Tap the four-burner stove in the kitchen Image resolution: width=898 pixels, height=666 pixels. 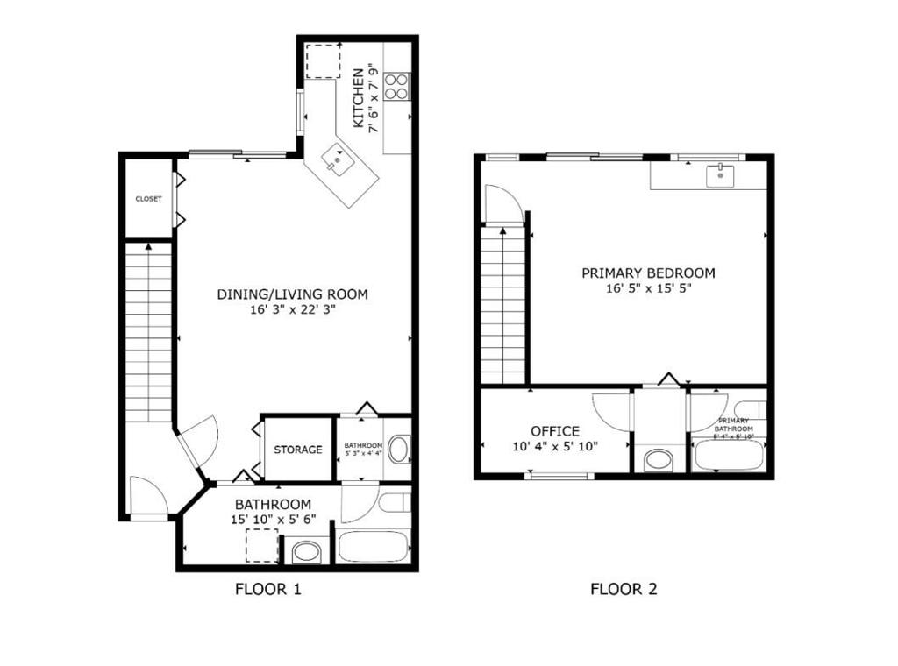click(x=396, y=86)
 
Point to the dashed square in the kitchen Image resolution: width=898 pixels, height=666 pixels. click(x=323, y=60)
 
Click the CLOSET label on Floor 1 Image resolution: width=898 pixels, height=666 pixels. click(x=148, y=199)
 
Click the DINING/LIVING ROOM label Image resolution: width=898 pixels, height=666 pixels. click(x=292, y=294)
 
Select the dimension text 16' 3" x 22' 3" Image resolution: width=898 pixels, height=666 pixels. click(x=292, y=309)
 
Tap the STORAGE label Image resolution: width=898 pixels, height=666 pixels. click(x=297, y=450)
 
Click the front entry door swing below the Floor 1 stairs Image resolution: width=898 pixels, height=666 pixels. click(x=147, y=496)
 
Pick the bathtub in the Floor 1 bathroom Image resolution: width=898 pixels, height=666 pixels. click(x=373, y=547)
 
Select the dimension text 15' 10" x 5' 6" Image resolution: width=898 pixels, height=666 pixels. click(x=273, y=519)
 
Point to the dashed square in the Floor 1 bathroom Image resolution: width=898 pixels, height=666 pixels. click(x=261, y=545)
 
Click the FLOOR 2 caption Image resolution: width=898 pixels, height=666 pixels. click(x=623, y=589)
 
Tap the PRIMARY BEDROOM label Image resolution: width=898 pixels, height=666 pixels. click(x=648, y=273)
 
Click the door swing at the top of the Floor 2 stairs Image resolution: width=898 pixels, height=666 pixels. click(x=502, y=204)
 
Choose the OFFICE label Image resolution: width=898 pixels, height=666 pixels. click(x=554, y=431)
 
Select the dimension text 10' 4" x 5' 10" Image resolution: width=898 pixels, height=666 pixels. click(x=554, y=446)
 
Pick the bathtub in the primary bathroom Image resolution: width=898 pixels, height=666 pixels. click(x=727, y=455)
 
